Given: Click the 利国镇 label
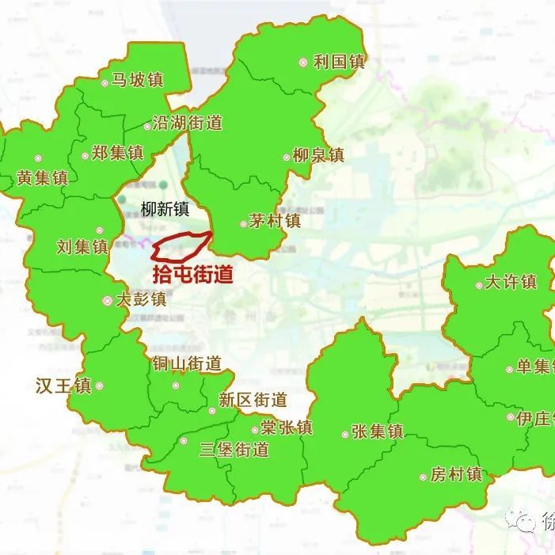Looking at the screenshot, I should point(339,62).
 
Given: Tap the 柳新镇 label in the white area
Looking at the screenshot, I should point(165,209).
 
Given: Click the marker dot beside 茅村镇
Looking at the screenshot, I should point(244,223).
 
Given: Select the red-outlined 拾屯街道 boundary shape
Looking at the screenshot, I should point(182,247).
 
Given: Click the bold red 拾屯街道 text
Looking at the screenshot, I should point(193,275).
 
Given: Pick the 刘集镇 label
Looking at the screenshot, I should point(82,247).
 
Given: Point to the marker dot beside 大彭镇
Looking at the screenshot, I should point(108,301).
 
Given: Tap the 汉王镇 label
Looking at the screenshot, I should point(63,386).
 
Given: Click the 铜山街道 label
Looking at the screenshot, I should point(188,364).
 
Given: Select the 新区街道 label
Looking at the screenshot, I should point(253,401).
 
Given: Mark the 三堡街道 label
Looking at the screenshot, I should point(234,450).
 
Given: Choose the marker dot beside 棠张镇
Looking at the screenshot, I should point(255,430).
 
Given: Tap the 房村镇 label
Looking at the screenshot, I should point(456,475).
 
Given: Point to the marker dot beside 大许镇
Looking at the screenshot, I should point(479,285).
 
